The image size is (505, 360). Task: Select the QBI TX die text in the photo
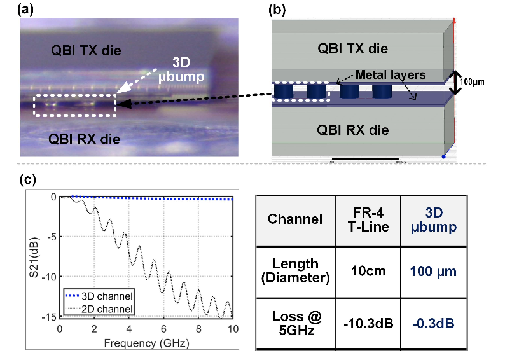pos(86,50)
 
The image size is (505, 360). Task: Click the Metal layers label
pos(391,75)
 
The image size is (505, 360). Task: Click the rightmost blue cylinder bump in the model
pos(382,92)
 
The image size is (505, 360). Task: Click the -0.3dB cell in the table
pos(434,322)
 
